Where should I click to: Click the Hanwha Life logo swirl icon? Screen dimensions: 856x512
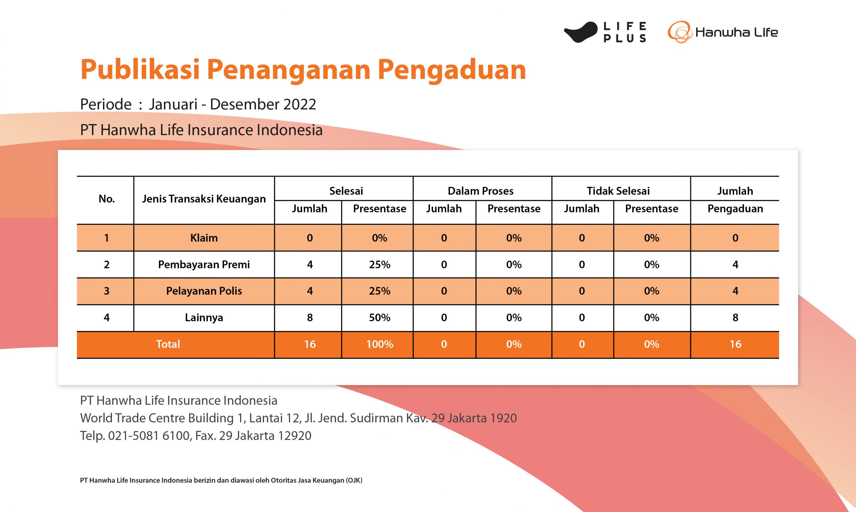tap(679, 32)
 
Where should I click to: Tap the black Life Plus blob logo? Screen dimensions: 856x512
tap(580, 32)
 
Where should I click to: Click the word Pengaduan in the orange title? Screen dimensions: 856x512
tap(452, 70)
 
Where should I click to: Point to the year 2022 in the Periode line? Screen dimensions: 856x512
tap(300, 104)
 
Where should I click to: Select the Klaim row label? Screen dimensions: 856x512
tap(204, 238)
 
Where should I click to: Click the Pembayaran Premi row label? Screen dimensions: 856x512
tap(204, 264)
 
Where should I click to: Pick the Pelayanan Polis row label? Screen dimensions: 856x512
tap(204, 291)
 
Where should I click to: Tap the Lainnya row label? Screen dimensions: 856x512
tap(204, 318)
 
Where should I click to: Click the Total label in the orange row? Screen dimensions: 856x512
tap(168, 344)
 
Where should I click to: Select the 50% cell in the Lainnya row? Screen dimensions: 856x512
tap(380, 318)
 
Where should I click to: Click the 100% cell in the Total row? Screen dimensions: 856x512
tap(380, 344)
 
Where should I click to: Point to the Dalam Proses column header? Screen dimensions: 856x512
tap(480, 191)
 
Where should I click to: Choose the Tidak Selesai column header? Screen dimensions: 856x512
tap(618, 191)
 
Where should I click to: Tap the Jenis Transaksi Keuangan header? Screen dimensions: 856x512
tap(204, 199)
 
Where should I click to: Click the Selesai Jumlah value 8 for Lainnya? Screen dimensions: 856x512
tap(310, 318)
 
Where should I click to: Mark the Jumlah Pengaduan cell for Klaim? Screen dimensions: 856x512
tap(735, 238)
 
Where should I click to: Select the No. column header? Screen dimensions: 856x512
tap(107, 199)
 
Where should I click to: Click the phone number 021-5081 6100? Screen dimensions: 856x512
tap(149, 436)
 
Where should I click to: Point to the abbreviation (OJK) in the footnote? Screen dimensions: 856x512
tap(354, 480)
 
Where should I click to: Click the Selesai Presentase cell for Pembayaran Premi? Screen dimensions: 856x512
tap(380, 264)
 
